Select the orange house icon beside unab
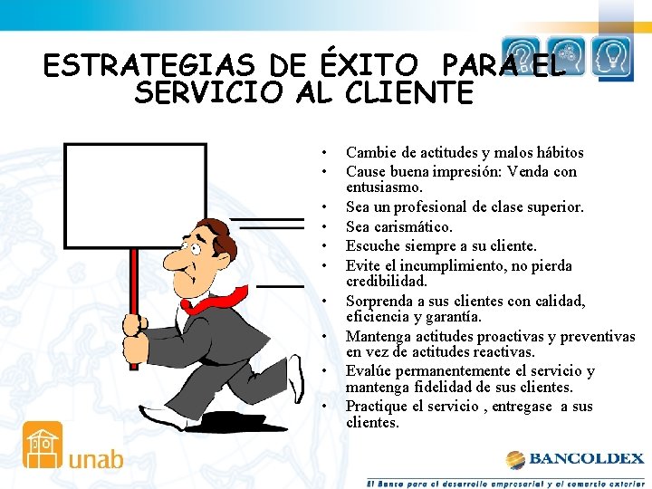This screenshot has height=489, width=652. [43, 445]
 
